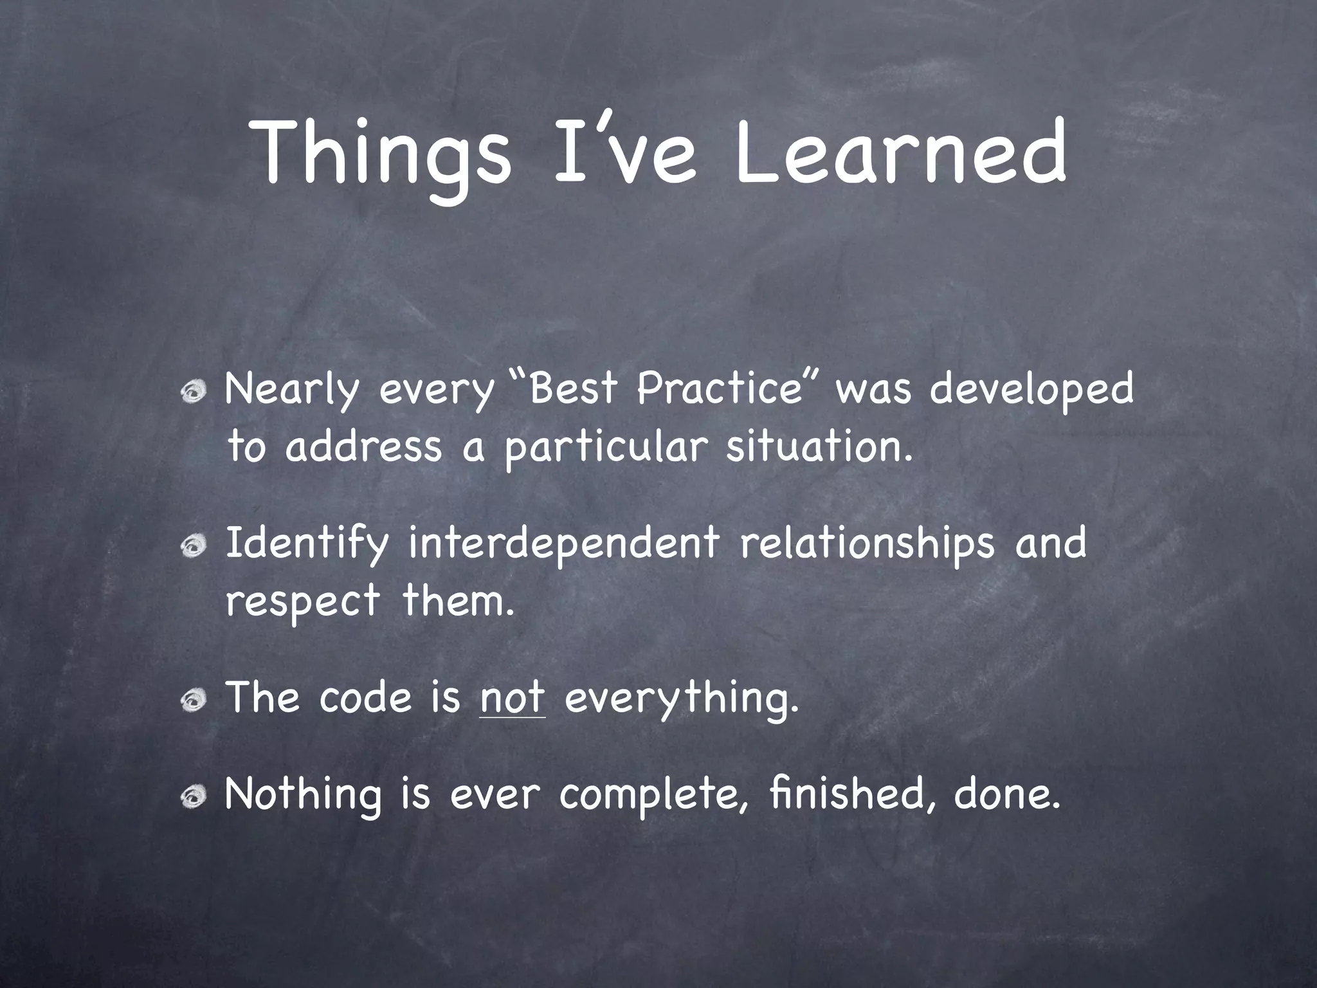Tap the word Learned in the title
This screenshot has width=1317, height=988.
(900, 154)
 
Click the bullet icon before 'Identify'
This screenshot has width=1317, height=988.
(193, 546)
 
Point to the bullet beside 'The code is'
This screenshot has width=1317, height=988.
(193, 700)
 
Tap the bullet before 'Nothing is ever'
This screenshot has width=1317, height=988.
(193, 798)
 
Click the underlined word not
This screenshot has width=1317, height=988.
(513, 698)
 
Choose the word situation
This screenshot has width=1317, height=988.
(819, 446)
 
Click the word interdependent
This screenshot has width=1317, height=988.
(563, 544)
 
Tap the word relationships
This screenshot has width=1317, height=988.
(866, 544)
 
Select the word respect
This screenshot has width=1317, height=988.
(302, 602)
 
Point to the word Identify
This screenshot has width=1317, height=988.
(306, 544)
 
